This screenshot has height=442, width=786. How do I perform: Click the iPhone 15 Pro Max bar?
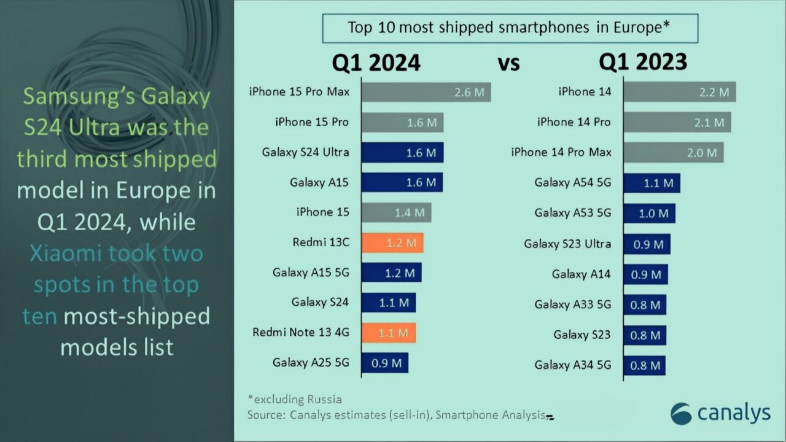click(426, 92)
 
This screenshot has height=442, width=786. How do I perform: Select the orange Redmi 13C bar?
click(392, 243)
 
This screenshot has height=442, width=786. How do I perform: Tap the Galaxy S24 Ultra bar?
click(402, 153)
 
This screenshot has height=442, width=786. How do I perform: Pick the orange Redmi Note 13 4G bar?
click(388, 333)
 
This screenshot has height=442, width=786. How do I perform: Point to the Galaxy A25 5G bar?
click(385, 363)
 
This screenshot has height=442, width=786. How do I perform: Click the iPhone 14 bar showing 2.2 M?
click(679, 92)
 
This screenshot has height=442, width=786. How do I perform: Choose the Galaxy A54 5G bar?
click(652, 183)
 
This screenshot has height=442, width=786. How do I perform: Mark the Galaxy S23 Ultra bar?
click(647, 244)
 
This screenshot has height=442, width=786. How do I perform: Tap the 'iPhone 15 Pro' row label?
click(312, 122)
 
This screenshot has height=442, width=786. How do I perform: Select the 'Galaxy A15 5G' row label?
click(311, 272)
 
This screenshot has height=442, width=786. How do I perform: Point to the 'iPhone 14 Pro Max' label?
click(561, 152)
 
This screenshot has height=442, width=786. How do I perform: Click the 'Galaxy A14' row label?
click(581, 274)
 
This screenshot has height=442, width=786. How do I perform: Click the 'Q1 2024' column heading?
click(376, 63)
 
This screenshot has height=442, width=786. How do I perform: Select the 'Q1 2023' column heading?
click(643, 62)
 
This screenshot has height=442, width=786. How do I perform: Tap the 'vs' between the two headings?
click(509, 64)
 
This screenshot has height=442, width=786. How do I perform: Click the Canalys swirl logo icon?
click(681, 414)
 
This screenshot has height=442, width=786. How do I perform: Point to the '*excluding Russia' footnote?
click(295, 399)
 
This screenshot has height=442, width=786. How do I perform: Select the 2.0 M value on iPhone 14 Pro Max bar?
click(702, 153)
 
